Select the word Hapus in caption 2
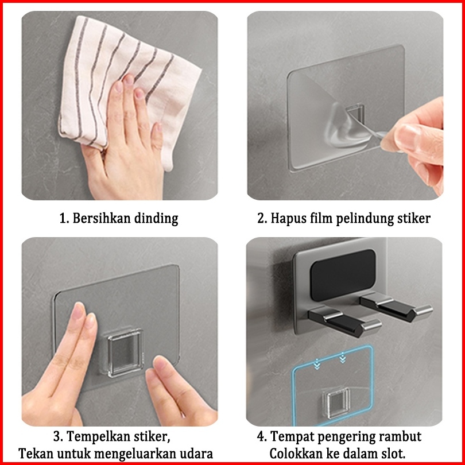coord(285,219)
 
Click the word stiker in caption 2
coord(414,218)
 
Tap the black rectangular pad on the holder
coord(343,274)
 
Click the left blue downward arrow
coord(317,363)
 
